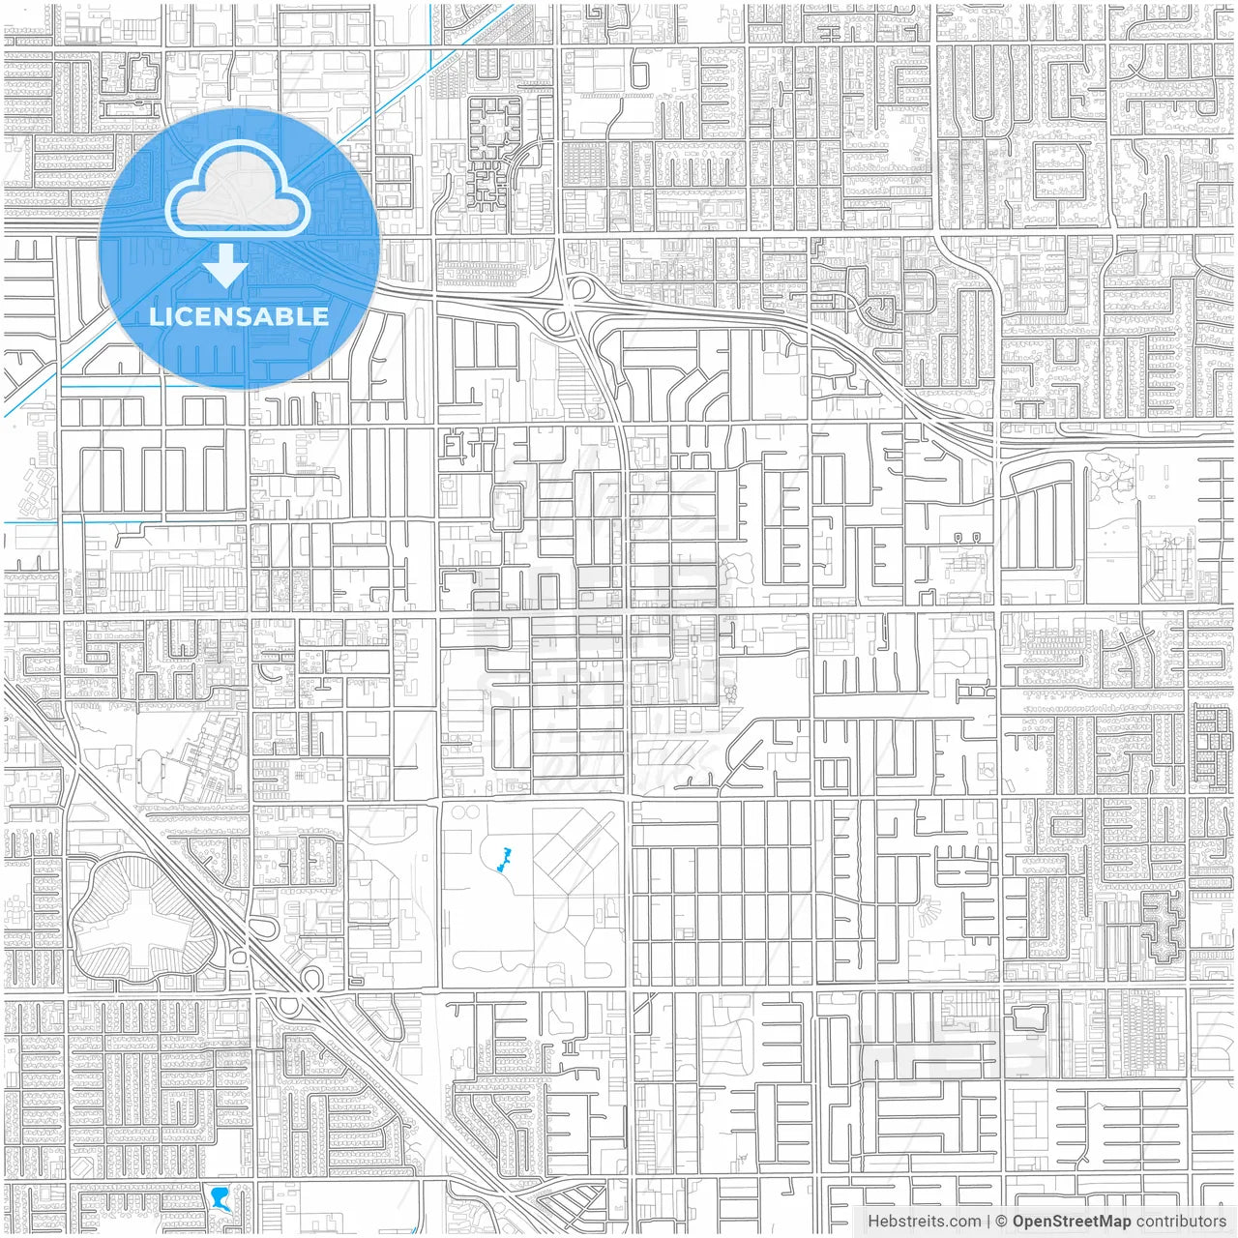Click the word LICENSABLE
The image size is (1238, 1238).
tap(239, 316)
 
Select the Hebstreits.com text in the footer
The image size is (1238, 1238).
tap(924, 1222)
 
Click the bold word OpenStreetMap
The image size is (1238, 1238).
tap(1071, 1222)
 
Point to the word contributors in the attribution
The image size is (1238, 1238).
tap(1181, 1222)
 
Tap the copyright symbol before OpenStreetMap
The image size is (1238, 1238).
tap(1001, 1222)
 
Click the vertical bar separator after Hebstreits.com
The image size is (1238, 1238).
tap(988, 1222)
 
